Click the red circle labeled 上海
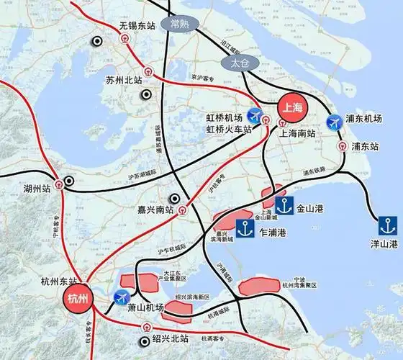click(293, 107)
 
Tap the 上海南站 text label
click(299, 133)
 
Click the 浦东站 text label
click(365, 146)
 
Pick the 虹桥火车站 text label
click(229, 130)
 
